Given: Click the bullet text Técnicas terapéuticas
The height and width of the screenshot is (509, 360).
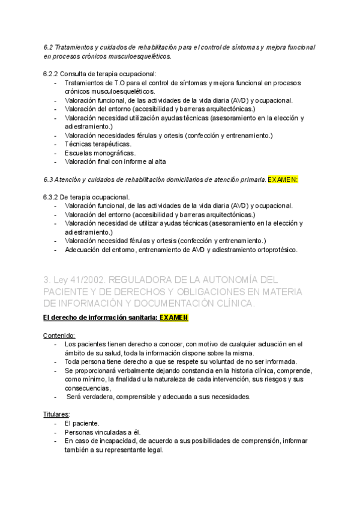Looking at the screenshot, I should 98,144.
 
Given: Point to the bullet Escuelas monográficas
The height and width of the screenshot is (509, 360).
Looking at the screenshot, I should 100,152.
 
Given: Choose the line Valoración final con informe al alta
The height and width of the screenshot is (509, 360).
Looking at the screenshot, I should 115,161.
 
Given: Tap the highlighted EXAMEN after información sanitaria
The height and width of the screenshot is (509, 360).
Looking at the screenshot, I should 174,318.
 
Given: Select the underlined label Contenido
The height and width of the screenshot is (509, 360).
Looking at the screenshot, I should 59,336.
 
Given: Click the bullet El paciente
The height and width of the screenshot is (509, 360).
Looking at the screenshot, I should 82,423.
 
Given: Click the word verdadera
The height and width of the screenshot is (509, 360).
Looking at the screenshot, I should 102,397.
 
